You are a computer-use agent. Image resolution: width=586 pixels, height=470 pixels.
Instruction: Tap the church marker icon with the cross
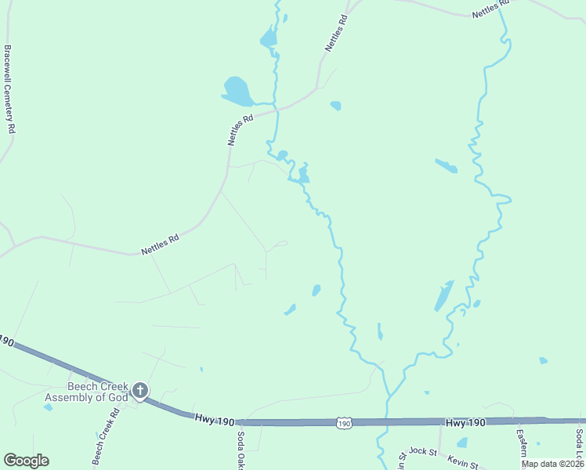(x=140, y=390)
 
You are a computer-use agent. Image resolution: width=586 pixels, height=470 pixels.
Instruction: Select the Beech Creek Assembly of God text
(x=86, y=392)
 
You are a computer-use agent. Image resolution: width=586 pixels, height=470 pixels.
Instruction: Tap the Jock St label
(x=423, y=452)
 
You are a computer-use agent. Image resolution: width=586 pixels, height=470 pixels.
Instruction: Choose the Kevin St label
(x=462, y=465)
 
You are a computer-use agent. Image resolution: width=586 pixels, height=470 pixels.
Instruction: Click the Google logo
(x=26, y=461)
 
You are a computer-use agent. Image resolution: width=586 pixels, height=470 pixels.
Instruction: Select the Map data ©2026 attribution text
(x=553, y=464)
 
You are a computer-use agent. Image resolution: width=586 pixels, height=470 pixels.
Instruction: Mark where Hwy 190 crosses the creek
(x=388, y=422)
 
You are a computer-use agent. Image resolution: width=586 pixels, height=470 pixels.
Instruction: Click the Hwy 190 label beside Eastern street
(x=465, y=422)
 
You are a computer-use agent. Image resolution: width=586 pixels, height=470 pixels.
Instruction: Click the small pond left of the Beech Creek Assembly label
(x=49, y=408)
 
